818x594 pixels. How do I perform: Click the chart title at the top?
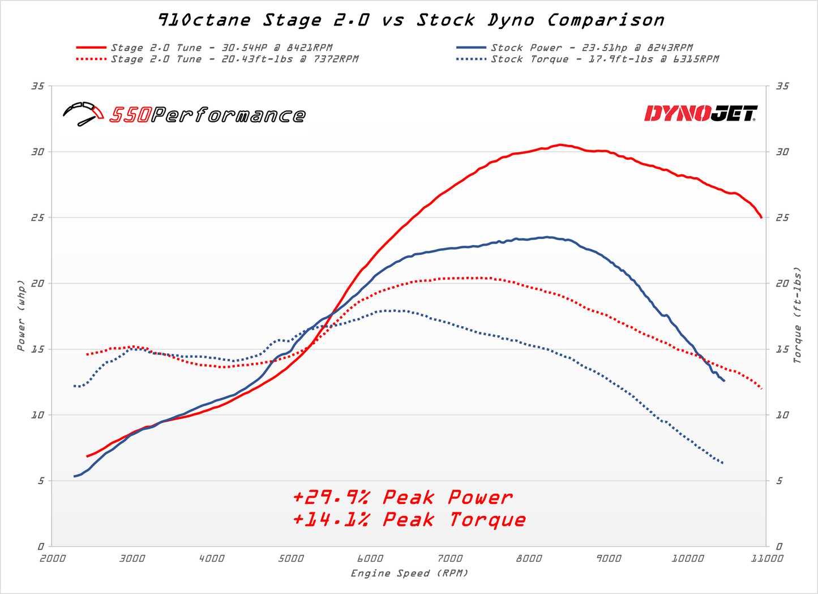pos(410,20)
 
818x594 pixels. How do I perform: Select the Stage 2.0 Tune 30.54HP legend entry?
pos(221,48)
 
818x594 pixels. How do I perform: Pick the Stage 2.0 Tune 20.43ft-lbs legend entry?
pos(234,59)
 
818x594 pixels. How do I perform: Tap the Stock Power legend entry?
pos(592,48)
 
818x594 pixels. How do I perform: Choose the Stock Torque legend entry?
pos(605,59)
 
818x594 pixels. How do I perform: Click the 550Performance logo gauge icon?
pos(83,113)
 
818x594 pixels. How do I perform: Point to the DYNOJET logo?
pos(700,113)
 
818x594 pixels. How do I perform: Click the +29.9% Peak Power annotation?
pos(402,498)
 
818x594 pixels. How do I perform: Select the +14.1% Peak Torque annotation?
pos(409,520)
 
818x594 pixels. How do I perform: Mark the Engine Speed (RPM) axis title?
pos(410,574)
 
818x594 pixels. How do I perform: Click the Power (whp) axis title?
pos(21,315)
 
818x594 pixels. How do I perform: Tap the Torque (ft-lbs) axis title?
pos(798,315)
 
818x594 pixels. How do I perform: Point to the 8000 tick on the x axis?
pos(529,558)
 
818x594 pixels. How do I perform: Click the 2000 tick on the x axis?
pos(52,558)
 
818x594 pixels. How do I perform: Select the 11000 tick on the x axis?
pos(767,558)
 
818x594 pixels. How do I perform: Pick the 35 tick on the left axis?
pos(38,86)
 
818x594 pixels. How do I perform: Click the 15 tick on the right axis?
pos(782,349)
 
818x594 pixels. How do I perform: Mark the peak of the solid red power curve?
pos(560,144)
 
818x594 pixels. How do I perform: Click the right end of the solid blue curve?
pos(724,381)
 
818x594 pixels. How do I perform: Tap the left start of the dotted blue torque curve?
pos(75,386)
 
